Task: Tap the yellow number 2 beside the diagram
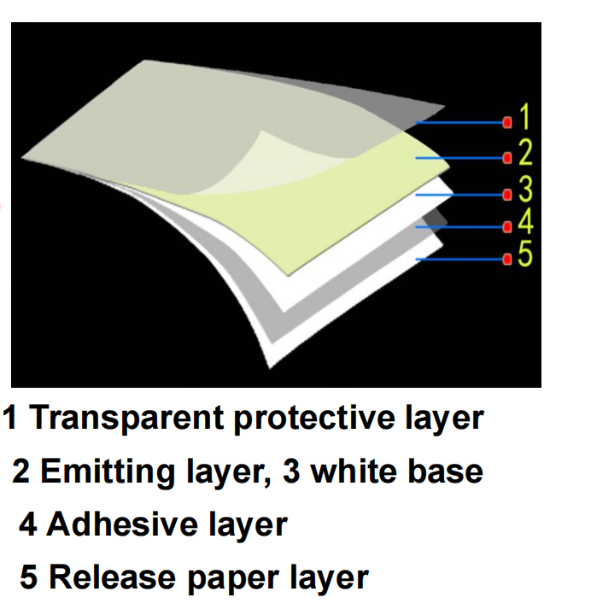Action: tap(525, 153)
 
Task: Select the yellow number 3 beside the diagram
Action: tap(525, 187)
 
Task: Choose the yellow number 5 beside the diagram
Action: tap(525, 255)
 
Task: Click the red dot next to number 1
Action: tap(507, 123)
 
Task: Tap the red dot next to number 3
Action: tap(507, 194)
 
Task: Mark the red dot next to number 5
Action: tap(507, 259)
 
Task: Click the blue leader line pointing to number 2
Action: tap(461, 158)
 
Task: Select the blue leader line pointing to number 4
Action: tap(461, 227)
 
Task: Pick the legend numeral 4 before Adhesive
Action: tap(29, 524)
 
